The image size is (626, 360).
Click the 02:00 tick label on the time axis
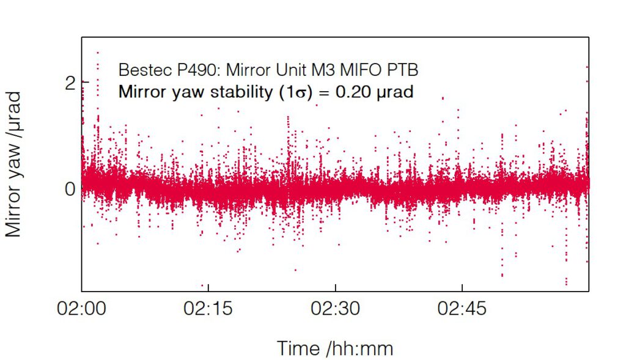(x=81, y=309)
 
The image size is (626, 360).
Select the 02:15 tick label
(x=208, y=309)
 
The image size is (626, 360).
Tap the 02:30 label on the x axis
(x=335, y=309)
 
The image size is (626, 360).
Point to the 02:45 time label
(x=462, y=309)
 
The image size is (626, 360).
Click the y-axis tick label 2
(x=70, y=83)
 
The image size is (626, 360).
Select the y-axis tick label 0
(x=70, y=189)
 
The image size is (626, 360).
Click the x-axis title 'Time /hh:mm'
(x=335, y=348)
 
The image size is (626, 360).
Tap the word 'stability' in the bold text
(x=234, y=92)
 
